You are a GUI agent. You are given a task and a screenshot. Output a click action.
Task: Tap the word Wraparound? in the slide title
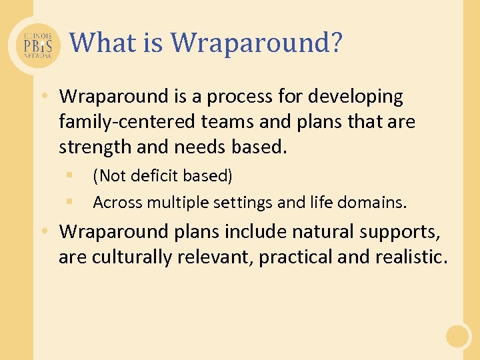257,43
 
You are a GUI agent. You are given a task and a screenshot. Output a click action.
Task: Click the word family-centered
123,122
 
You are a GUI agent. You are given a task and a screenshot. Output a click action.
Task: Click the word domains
377,202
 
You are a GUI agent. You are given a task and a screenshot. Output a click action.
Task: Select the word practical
297,257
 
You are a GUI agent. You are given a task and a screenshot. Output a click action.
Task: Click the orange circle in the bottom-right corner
458,336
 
